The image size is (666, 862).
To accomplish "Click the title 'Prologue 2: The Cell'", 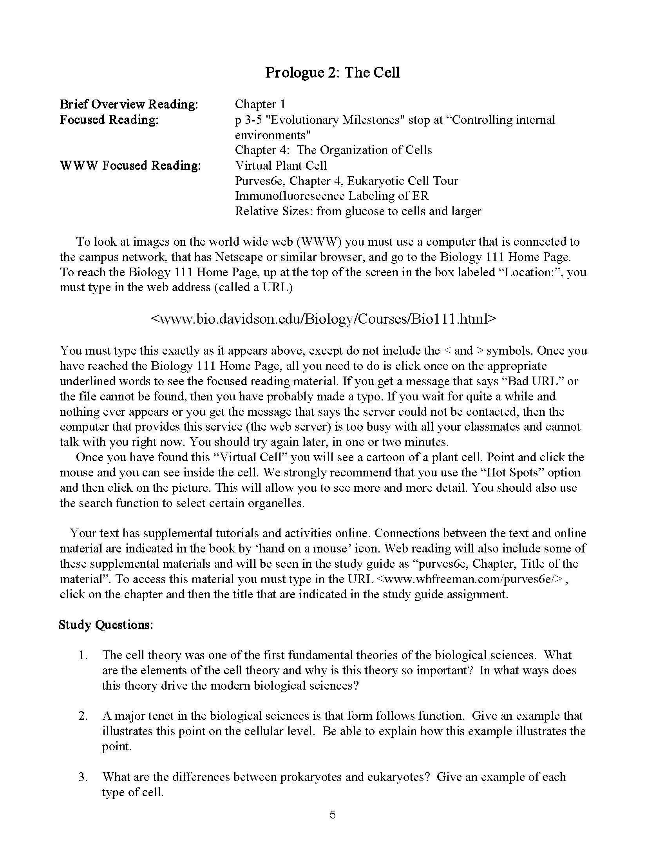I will [332, 72].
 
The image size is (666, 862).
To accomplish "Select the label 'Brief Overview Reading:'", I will [128, 104].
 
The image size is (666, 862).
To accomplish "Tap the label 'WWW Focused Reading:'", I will [130, 165].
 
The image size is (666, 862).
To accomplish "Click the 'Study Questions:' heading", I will [105, 625].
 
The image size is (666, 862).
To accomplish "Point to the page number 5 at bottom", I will [333, 815].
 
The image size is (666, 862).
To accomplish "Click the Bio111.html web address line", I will [323, 319].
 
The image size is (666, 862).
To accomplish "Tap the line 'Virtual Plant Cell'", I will [281, 165].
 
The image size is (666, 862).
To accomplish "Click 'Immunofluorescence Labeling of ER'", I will [331, 196].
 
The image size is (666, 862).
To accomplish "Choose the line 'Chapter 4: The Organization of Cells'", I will [333, 150].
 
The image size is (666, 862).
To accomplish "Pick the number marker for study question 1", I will [83, 655].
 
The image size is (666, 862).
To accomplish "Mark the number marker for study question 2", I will [83, 716].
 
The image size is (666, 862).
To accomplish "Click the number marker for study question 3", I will [83, 777].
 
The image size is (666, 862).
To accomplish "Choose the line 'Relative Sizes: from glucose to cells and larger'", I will [358, 211].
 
